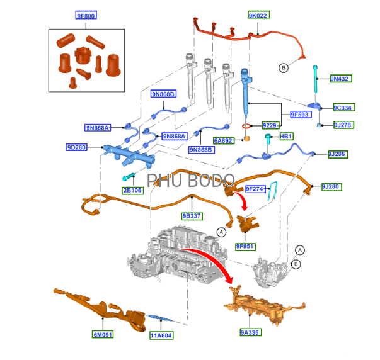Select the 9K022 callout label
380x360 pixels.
[x=258, y=15]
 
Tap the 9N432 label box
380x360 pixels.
[x=341, y=79]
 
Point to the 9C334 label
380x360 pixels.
[x=343, y=108]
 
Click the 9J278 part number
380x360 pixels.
[x=343, y=125]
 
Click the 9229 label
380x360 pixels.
[x=270, y=125]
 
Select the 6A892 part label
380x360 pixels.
[x=224, y=140]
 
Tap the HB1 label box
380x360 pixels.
[x=286, y=136]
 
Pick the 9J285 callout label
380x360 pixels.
[x=338, y=154]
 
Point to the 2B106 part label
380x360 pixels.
[x=132, y=190]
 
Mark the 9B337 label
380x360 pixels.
[x=192, y=216]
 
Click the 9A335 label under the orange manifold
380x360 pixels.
[x=250, y=332]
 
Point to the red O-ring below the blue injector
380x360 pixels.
[x=246, y=127]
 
